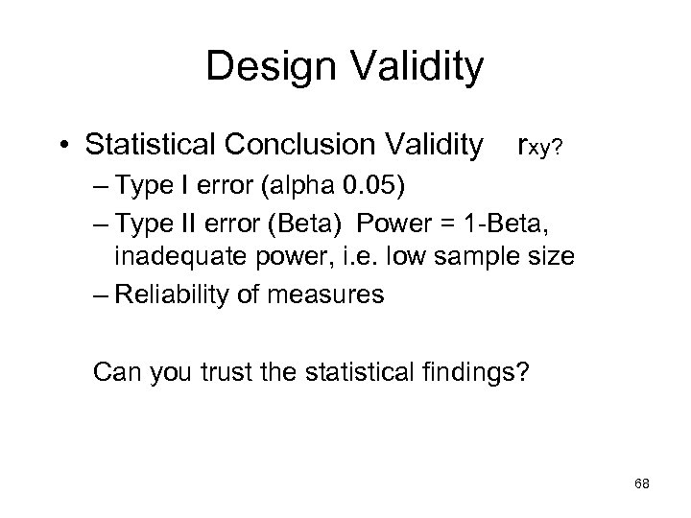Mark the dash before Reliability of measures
pos(99,294)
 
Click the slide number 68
pos(642,484)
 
